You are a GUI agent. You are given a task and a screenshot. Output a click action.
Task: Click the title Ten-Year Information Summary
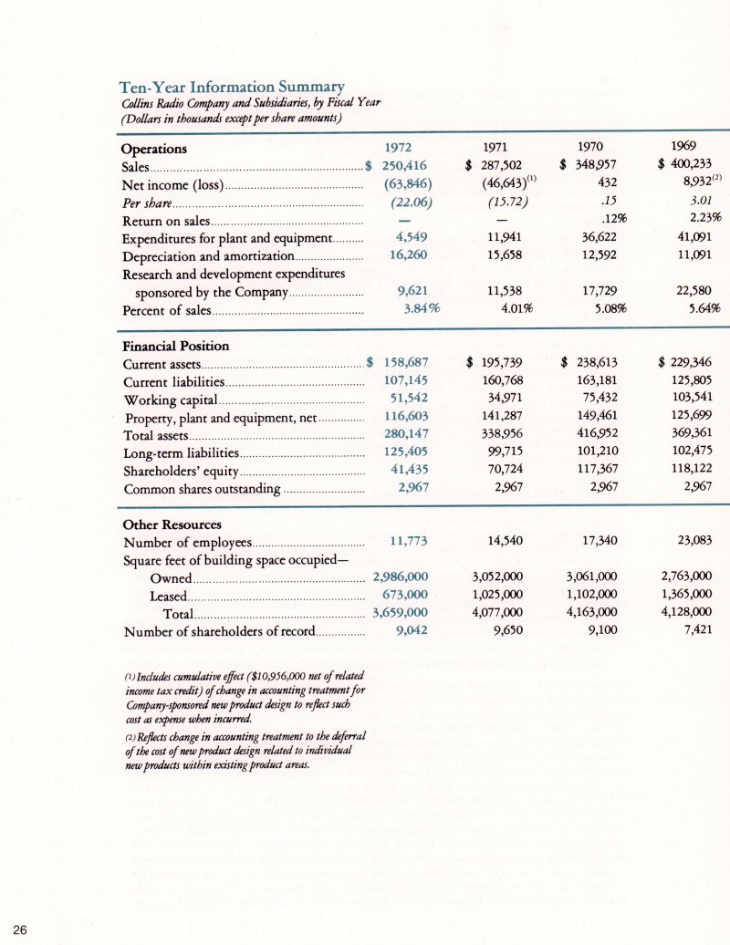pos(232,88)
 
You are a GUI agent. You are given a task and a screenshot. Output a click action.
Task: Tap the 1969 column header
pos(682,146)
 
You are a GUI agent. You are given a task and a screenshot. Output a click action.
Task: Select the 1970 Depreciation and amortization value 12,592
pos(595,255)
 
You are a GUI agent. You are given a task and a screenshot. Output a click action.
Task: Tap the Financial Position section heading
pos(176,346)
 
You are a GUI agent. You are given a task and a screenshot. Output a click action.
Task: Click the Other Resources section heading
pos(172,524)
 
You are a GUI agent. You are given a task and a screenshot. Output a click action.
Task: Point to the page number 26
pos(21,929)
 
